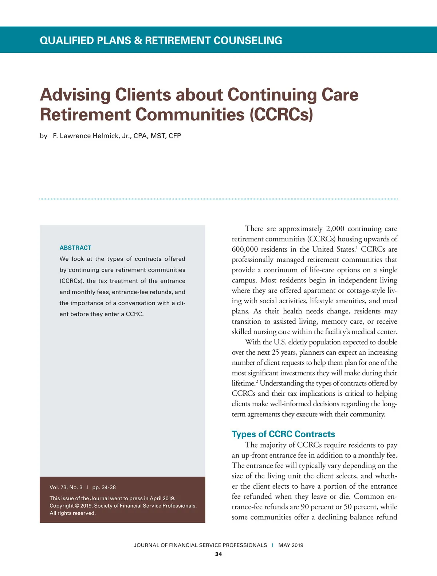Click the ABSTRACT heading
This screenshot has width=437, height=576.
75,248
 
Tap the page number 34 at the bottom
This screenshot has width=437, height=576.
219,554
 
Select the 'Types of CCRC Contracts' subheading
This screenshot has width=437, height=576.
283,434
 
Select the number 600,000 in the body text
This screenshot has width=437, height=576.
245,249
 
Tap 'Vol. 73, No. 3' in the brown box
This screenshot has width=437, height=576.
66,487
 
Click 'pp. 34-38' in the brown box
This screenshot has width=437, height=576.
104,487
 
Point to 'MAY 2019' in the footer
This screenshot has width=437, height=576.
291,545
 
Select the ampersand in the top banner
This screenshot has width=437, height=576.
138,40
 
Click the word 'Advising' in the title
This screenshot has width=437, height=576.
75,95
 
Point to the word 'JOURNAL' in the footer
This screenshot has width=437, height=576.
146,545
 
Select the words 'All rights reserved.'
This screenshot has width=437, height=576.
72,513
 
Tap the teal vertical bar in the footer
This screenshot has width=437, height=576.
273,545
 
